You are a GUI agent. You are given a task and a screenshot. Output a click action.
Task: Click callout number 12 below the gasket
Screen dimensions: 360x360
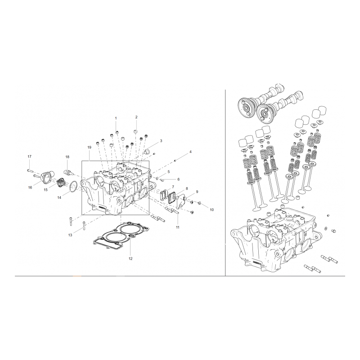pos(130,258)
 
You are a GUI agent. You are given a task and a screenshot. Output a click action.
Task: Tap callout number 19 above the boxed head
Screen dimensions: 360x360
pos(89,147)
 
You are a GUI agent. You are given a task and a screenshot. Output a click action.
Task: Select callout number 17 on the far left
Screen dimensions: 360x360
pos(29,157)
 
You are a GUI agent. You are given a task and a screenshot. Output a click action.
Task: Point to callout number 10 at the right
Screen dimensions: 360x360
pos(211,210)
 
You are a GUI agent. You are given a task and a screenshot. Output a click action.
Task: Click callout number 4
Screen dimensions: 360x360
pos(190,152)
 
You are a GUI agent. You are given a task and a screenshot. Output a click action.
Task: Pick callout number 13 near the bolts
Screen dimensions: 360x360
pos(70,235)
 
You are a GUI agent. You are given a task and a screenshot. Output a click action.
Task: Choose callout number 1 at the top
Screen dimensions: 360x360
pos(116,118)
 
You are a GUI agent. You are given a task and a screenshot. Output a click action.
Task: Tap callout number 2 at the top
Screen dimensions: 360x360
pos(136,117)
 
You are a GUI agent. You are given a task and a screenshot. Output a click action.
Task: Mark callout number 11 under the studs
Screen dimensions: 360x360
pos(178,227)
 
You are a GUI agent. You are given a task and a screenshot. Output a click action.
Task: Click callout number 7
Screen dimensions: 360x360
pos(173,187)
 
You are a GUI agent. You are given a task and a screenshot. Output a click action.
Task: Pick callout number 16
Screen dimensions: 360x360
pos(30,188)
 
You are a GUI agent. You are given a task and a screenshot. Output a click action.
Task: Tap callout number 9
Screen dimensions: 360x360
pos(197,192)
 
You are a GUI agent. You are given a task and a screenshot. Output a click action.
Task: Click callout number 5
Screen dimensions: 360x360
pos(168,171)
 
